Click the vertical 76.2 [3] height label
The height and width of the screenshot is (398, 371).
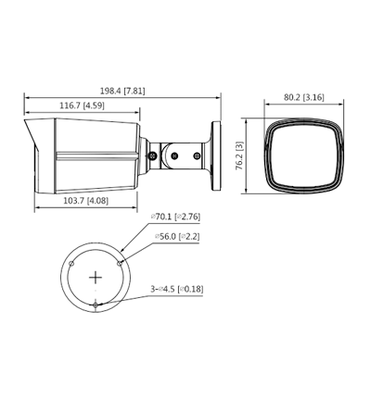tap(238, 154)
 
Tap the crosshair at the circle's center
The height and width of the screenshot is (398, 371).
tap(96, 277)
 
